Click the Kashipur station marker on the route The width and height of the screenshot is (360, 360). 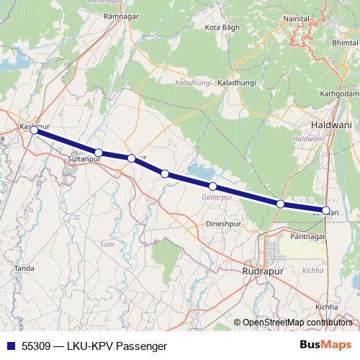tap(34, 130)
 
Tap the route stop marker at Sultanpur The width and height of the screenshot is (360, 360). tap(99, 153)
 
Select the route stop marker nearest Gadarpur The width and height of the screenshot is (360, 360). tap(212, 186)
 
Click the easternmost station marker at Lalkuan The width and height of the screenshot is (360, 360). tap(326, 211)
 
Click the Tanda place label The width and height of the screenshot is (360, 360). tap(24, 268)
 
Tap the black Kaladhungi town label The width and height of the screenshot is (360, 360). tap(236, 84)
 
